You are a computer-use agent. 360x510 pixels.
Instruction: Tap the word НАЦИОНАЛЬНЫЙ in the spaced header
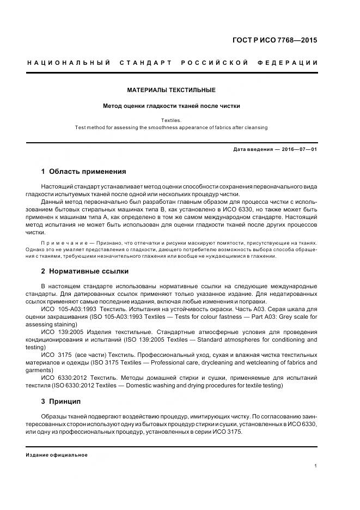(69, 63)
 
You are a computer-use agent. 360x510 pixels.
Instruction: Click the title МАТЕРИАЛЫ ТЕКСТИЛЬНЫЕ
(172, 89)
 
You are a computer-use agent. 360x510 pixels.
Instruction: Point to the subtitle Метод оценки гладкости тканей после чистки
(172, 106)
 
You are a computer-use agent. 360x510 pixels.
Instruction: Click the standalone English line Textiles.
(172, 120)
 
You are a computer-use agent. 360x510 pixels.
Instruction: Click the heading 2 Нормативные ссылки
(85, 271)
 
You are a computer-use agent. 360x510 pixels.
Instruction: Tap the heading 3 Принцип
(61, 402)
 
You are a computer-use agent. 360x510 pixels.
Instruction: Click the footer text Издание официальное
(57, 455)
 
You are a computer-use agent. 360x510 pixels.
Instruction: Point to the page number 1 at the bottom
(315, 465)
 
